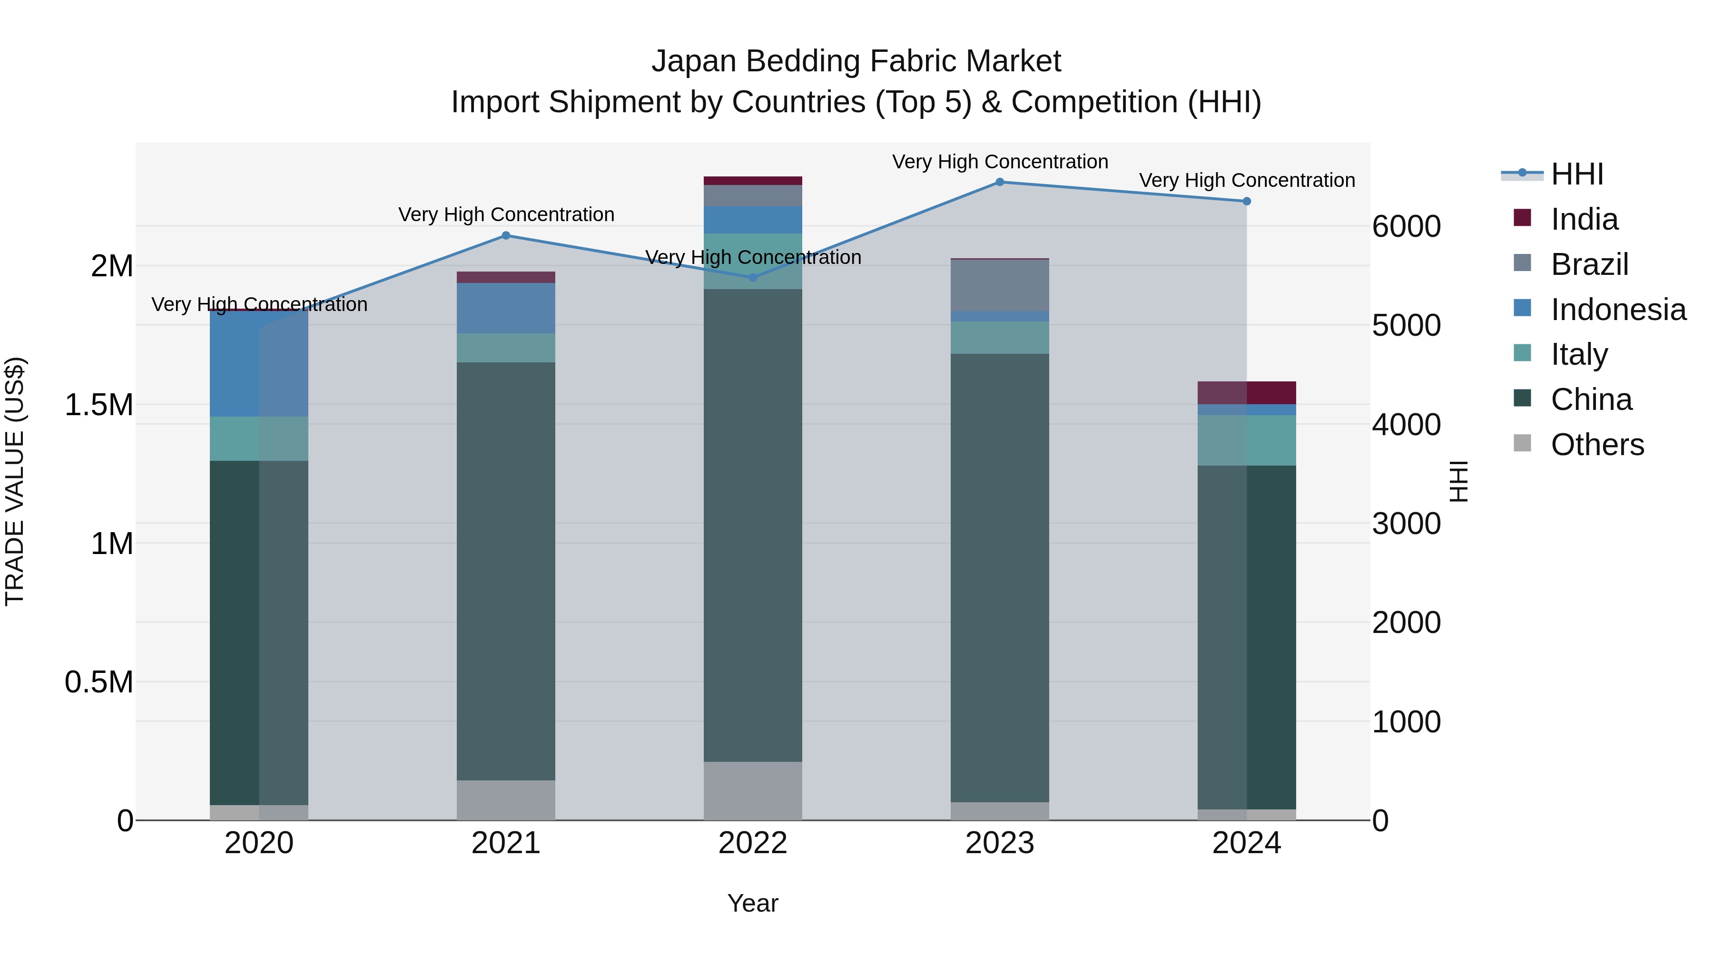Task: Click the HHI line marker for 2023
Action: click(x=999, y=182)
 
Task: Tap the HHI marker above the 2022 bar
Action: click(x=753, y=277)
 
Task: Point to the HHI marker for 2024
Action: click(x=1246, y=201)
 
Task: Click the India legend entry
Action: click(x=1584, y=219)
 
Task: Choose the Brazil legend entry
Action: click(x=1589, y=264)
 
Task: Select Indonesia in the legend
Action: click(x=1618, y=310)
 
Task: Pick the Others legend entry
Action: click(x=1596, y=445)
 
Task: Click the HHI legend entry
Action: click(x=1577, y=174)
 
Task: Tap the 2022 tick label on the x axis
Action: click(x=753, y=843)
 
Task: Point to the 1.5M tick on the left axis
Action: click(x=98, y=405)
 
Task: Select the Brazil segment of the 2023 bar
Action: click(x=999, y=285)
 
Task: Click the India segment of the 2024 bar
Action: click(x=1246, y=393)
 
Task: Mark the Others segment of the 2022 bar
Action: click(x=753, y=790)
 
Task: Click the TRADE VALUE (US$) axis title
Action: click(x=15, y=481)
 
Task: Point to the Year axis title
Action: click(x=753, y=903)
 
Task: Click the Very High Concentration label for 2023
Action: click(x=999, y=162)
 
